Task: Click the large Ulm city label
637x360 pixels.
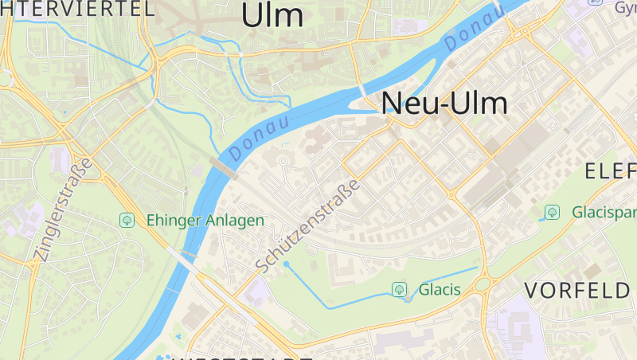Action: tap(272, 16)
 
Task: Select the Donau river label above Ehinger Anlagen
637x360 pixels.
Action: tap(259, 137)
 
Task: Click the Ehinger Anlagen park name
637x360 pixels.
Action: tap(205, 221)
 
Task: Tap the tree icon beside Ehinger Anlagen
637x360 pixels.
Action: tap(127, 220)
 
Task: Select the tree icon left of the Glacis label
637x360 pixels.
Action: tap(399, 289)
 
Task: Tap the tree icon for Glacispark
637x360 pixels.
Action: tap(551, 213)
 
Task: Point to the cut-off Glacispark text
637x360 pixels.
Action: tap(604, 213)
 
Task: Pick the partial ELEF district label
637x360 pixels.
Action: tap(611, 171)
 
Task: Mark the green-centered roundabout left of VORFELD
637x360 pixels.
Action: tap(484, 284)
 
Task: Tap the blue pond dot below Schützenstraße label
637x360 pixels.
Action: tap(286, 264)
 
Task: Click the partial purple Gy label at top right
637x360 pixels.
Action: tap(625, 7)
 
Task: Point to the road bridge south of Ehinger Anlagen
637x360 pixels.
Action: tap(185, 260)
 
